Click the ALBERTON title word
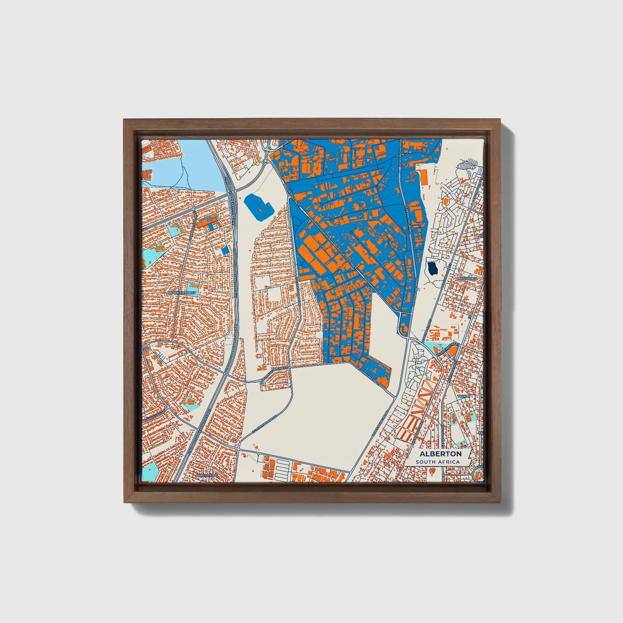(440, 454)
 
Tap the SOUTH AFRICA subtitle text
(438, 462)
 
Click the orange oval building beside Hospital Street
(453, 350)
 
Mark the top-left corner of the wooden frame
(124, 120)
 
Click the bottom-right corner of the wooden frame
(501, 503)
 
